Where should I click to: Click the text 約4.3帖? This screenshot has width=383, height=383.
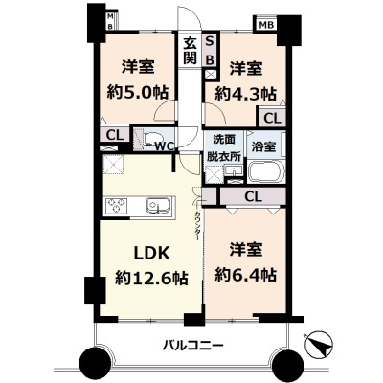(x=246, y=94)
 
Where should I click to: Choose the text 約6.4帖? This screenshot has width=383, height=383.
(x=245, y=275)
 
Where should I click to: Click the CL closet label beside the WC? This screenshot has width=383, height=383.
(x=112, y=135)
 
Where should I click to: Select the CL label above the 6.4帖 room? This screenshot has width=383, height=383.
(x=253, y=196)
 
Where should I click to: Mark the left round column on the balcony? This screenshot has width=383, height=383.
(x=96, y=363)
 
